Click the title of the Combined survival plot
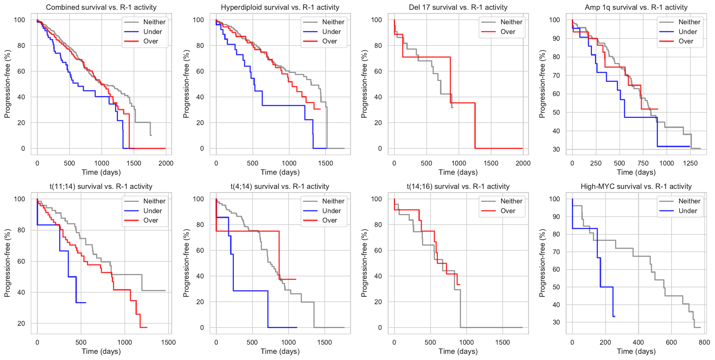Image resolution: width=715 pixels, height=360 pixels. click(101, 7)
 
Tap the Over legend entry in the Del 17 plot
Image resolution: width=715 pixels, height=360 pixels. click(507, 32)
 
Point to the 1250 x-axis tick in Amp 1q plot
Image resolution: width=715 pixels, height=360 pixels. click(690, 163)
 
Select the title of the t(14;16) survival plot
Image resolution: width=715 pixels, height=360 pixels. click(458, 187)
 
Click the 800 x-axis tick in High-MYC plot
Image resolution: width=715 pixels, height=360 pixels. click(704, 342)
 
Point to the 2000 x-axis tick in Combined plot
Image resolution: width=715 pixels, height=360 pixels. click(166, 163)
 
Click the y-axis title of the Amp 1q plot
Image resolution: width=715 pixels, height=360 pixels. click(542, 84)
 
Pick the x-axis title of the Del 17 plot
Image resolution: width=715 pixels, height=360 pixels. click(458, 172)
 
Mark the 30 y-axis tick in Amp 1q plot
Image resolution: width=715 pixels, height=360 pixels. click(556, 150)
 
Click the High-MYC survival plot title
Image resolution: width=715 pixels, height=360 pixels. click(636, 187)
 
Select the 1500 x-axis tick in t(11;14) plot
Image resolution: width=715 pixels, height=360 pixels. click(168, 342)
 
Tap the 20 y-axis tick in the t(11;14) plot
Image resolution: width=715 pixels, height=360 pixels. click(21, 324)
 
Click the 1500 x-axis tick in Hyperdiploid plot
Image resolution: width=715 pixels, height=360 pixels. click(326, 163)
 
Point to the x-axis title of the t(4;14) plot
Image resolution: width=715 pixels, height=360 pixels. click(280, 351)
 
